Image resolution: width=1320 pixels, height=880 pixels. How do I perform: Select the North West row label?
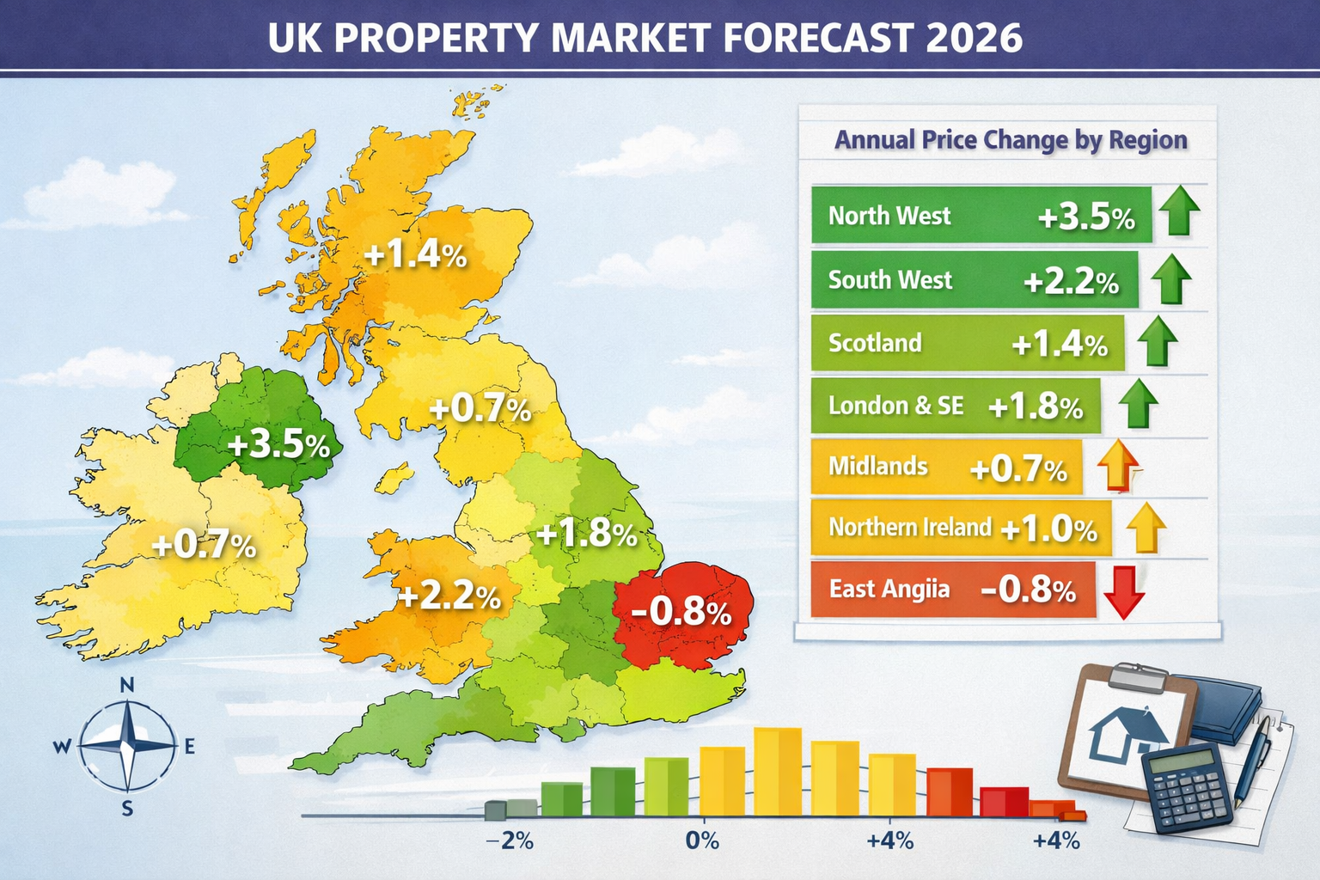click(x=889, y=215)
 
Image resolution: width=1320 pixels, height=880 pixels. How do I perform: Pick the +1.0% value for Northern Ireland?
click(x=1049, y=529)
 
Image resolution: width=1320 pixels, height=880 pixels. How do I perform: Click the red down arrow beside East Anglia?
click(x=1124, y=592)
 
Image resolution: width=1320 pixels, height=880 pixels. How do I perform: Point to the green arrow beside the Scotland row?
click(x=1157, y=341)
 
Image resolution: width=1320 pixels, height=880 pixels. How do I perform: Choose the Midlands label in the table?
click(x=877, y=467)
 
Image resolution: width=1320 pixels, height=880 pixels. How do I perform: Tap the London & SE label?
click(x=895, y=406)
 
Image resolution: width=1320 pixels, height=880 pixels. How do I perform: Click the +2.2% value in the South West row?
click(x=1071, y=281)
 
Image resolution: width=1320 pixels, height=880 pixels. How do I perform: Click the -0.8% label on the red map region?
click(x=681, y=612)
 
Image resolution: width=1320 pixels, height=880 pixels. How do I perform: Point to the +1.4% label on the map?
click(x=416, y=254)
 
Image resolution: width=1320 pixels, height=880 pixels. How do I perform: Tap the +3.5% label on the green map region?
click(x=279, y=445)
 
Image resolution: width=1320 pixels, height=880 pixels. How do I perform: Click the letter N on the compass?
click(x=127, y=685)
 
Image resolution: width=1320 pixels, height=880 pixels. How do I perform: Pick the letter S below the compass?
click(x=127, y=809)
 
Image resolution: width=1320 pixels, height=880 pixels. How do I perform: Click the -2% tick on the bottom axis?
click(x=510, y=840)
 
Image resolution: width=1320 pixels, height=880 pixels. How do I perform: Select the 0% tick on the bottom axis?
click(x=702, y=840)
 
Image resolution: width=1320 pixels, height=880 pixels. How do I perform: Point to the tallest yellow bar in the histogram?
click(x=778, y=771)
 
